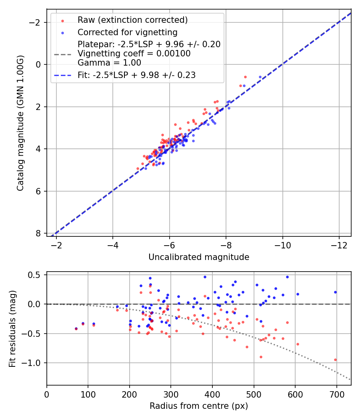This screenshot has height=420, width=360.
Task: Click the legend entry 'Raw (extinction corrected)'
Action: point(132,20)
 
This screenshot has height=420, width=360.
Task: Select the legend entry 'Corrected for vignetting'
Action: point(127,32)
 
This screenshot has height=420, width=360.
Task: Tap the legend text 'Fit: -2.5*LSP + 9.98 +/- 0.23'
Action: point(136,75)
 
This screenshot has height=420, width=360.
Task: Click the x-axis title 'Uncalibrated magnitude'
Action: point(199,257)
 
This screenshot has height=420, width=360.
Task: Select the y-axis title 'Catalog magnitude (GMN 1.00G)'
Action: point(20,123)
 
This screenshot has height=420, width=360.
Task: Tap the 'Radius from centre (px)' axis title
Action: point(199,406)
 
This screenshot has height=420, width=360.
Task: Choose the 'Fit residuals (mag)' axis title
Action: point(12,328)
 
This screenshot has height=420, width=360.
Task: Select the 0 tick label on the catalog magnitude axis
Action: point(38,64)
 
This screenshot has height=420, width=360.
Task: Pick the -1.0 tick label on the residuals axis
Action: point(32,363)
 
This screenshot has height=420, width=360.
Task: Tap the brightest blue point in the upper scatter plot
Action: point(260,77)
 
